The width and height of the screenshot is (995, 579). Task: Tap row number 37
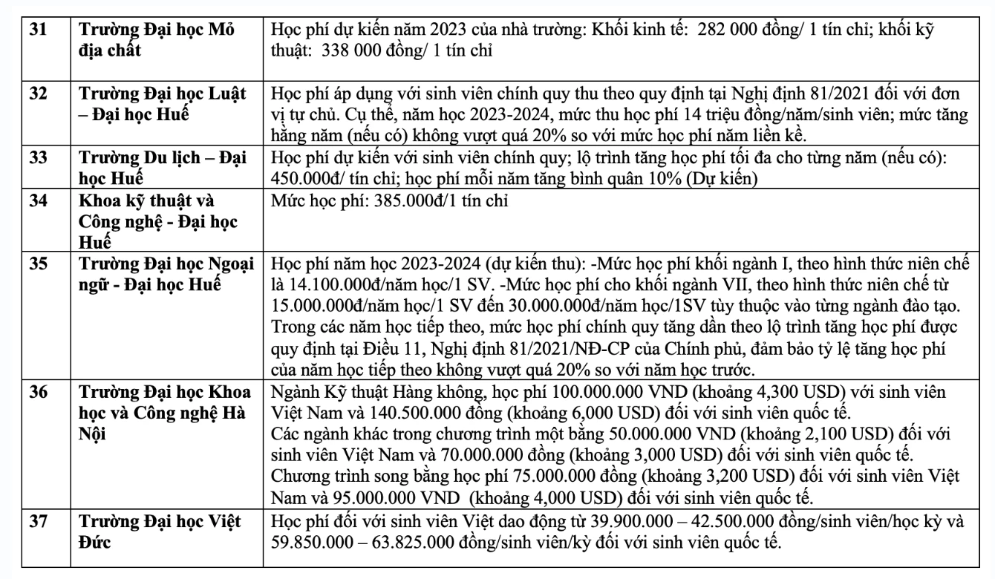(x=36, y=521)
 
